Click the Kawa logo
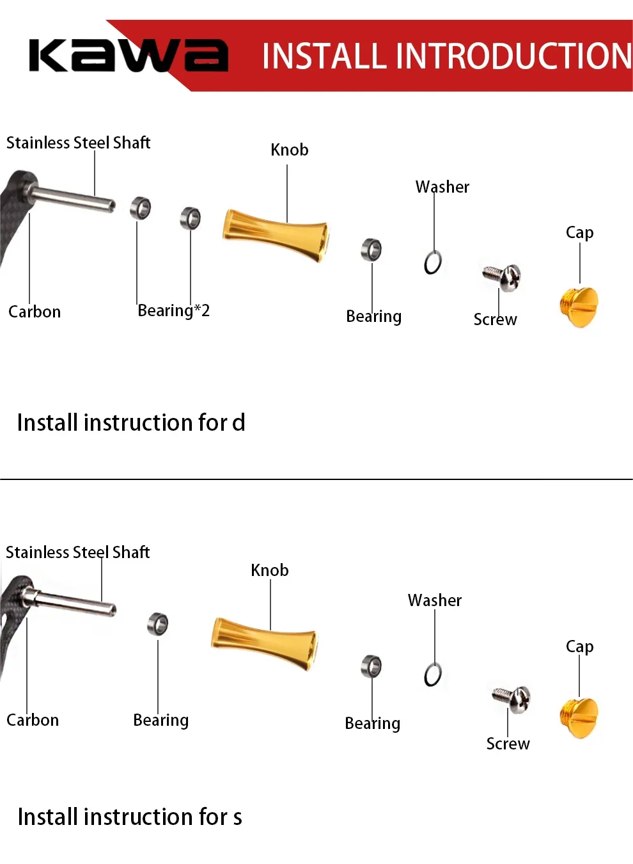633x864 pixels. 128,56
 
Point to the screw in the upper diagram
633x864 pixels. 503,276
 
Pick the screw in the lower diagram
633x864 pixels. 513,698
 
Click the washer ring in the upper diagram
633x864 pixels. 433,262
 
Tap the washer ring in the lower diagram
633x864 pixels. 433,675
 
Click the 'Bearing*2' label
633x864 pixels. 173,311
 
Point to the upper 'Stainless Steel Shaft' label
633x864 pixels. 78,143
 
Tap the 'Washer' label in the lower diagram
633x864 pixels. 435,600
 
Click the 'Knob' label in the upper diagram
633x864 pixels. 290,150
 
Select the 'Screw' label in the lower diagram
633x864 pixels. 508,744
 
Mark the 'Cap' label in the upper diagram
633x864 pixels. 579,232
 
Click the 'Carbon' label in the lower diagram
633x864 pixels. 33,720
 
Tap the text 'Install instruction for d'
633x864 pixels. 131,423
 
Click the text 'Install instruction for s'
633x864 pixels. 130,817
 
